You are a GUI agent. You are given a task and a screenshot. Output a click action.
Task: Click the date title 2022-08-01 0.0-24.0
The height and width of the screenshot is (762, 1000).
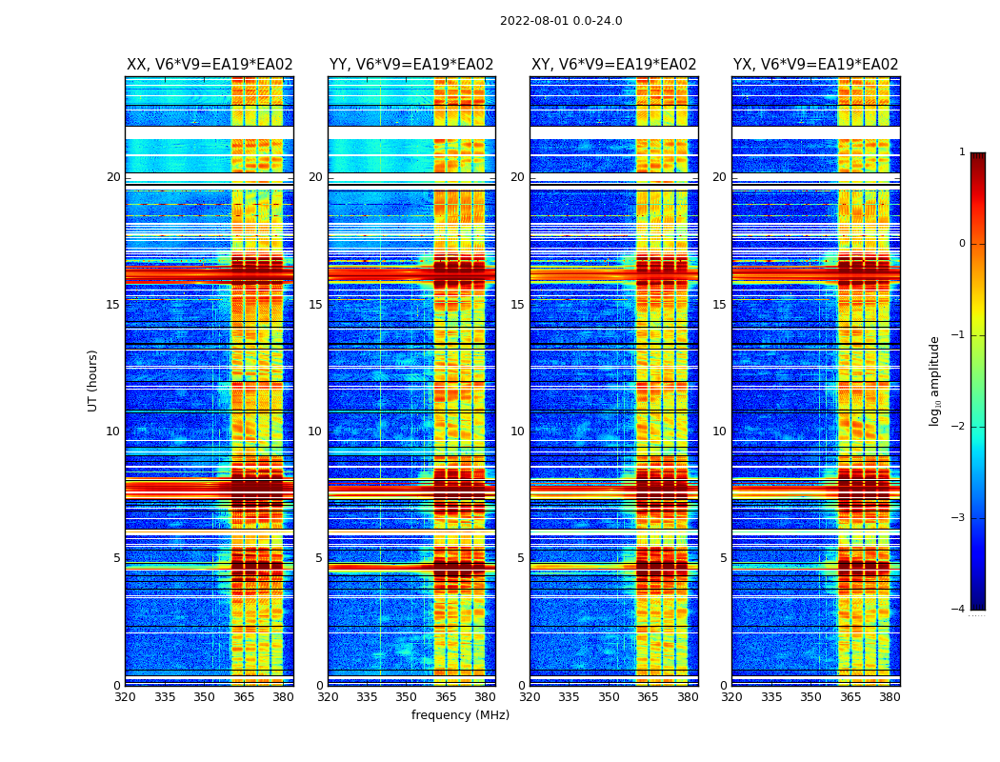(561, 21)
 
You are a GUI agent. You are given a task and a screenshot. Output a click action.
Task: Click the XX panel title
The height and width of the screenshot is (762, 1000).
(210, 65)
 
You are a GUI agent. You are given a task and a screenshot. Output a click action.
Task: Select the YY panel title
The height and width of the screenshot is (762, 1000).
(411, 65)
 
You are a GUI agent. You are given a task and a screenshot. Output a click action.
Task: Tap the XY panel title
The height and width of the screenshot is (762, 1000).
(613, 65)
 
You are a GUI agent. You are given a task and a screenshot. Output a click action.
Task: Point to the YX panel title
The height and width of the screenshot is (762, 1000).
(815, 65)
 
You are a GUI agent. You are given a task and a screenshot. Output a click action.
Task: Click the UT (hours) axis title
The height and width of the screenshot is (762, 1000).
(93, 380)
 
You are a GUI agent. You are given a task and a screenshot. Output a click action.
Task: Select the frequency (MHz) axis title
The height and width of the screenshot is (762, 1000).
(460, 715)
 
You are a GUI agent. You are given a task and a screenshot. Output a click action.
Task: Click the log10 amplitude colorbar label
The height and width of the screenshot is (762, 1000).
(935, 380)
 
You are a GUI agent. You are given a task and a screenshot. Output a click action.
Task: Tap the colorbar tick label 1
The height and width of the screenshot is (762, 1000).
(962, 152)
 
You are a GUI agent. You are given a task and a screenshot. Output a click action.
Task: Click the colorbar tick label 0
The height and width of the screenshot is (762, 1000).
(962, 244)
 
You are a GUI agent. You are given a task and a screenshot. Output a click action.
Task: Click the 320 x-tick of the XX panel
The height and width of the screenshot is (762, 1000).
(125, 697)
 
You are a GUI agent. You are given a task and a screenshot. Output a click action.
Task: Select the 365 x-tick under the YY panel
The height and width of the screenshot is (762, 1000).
(446, 697)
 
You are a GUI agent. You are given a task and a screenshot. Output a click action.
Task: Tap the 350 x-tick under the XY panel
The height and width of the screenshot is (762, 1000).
(609, 697)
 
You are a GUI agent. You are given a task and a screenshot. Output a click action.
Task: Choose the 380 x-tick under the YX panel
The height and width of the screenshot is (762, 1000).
(890, 697)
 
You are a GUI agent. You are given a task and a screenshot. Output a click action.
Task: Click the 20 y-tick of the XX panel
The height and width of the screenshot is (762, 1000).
(113, 177)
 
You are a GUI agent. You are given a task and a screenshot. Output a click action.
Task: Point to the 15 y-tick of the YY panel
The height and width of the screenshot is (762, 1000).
(315, 305)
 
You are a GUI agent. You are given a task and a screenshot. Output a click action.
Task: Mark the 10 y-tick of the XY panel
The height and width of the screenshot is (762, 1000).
(517, 431)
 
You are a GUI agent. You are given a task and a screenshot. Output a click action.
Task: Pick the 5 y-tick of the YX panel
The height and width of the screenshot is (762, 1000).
(723, 558)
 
